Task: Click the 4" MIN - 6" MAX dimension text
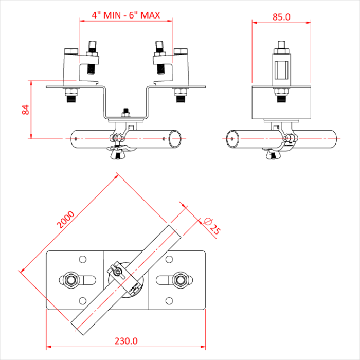point(125,15)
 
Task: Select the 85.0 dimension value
point(281,16)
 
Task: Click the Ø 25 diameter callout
point(211,226)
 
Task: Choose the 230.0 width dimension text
point(126,340)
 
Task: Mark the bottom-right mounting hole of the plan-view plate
point(169,300)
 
